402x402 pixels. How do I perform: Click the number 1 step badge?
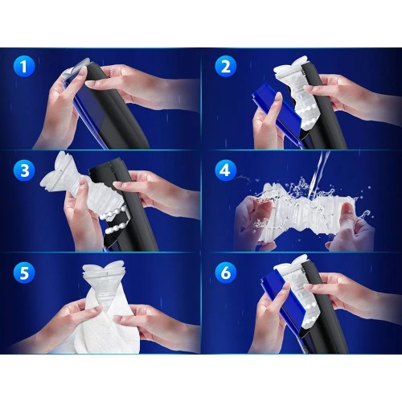click(x=24, y=66)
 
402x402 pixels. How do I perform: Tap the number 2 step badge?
click(x=226, y=66)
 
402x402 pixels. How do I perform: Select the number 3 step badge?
click(x=24, y=170)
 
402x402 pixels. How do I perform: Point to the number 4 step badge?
click(x=226, y=170)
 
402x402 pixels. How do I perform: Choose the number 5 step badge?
click(x=24, y=273)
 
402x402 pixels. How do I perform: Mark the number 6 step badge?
click(x=226, y=273)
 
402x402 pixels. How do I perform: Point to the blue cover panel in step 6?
click(x=281, y=297)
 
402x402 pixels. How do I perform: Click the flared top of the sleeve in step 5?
click(x=103, y=269)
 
